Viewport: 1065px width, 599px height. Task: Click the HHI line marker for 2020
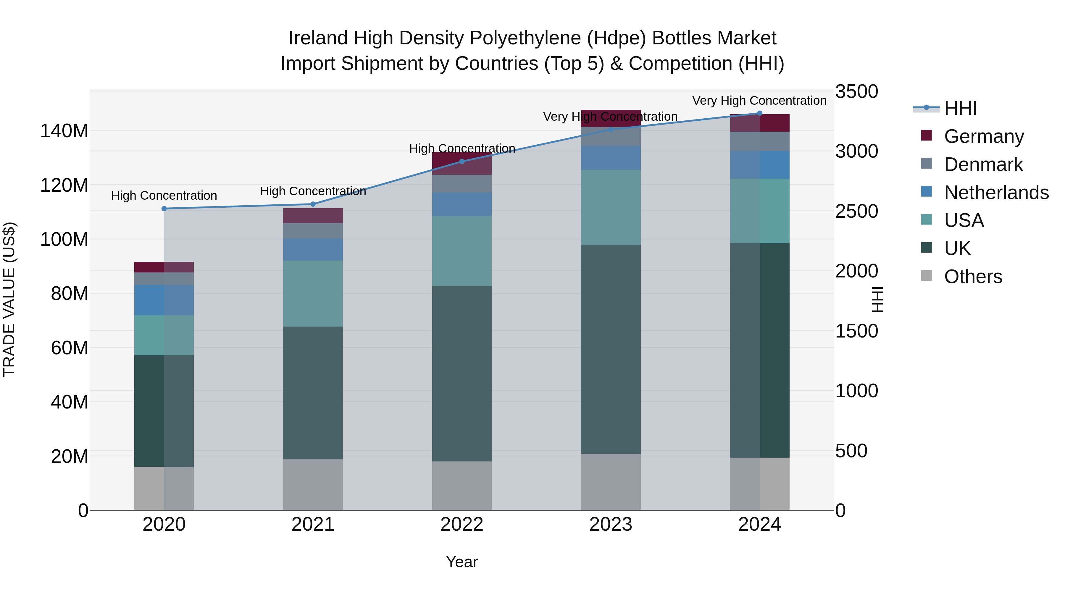164,209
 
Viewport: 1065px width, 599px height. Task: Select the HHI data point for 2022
462,162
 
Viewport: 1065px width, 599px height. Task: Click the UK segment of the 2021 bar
313,393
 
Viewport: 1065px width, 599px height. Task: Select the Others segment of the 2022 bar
462,486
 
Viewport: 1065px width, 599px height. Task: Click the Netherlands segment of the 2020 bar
164,300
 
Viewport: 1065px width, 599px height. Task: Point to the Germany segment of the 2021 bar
313,216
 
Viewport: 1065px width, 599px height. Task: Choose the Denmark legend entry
983,164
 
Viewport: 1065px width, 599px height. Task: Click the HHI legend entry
960,108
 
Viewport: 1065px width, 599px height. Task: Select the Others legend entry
973,277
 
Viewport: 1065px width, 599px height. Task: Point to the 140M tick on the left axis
64,131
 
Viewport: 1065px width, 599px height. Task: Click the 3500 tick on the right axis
856,91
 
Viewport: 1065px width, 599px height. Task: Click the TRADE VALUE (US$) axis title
9,300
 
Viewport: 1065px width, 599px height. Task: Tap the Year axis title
462,562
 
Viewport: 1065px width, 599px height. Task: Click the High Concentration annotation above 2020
164,196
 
